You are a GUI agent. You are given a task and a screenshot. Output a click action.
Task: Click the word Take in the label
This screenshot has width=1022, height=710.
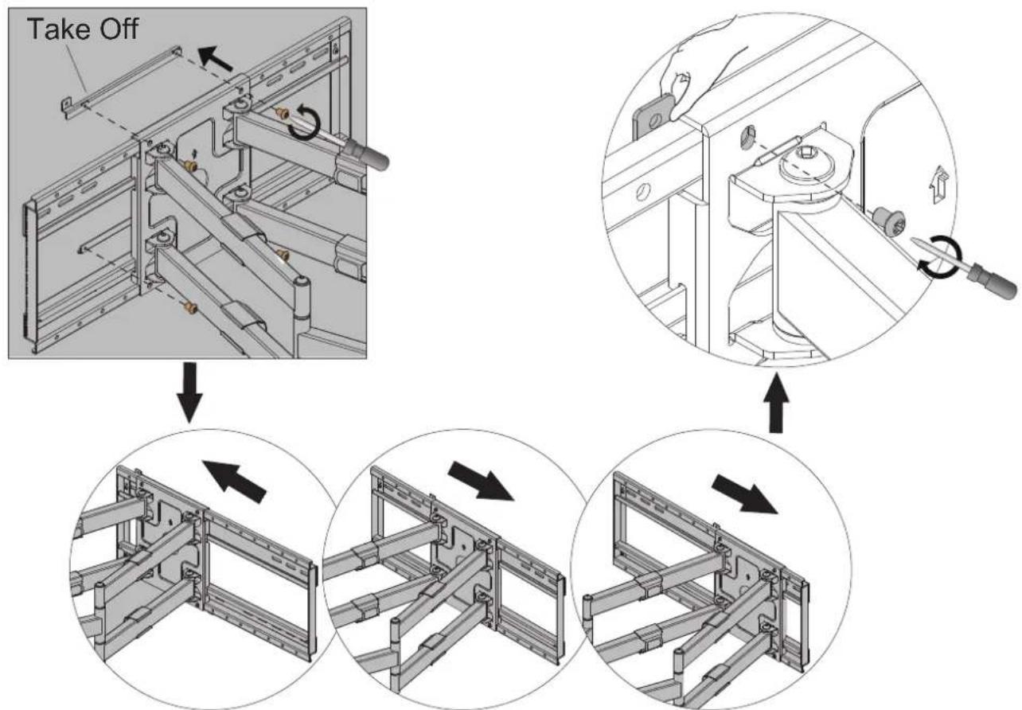58,29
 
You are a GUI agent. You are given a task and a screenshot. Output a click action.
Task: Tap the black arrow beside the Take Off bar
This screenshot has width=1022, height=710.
216,58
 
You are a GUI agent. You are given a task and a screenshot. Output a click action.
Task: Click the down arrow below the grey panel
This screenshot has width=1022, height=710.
190,392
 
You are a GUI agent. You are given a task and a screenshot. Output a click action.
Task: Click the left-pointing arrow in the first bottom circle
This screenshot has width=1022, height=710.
234,481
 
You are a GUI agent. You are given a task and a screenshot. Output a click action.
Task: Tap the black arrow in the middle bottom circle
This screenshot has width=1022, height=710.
482,481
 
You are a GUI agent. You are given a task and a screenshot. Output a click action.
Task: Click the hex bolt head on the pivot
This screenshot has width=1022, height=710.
809,166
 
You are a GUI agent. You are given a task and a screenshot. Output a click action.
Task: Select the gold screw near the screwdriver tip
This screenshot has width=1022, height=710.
282,113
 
